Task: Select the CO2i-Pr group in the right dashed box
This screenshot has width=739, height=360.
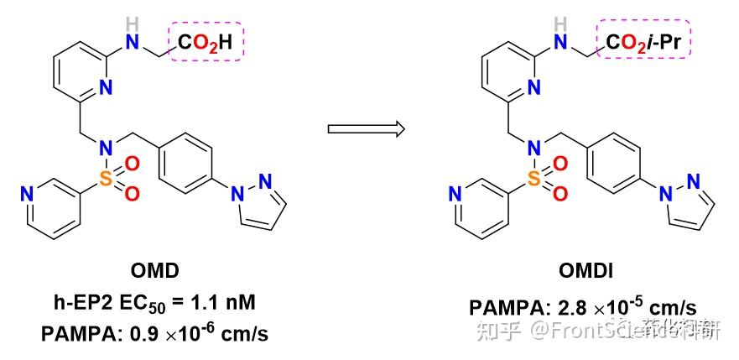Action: click(644, 40)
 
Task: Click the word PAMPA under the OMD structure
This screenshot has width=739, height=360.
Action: click(76, 334)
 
